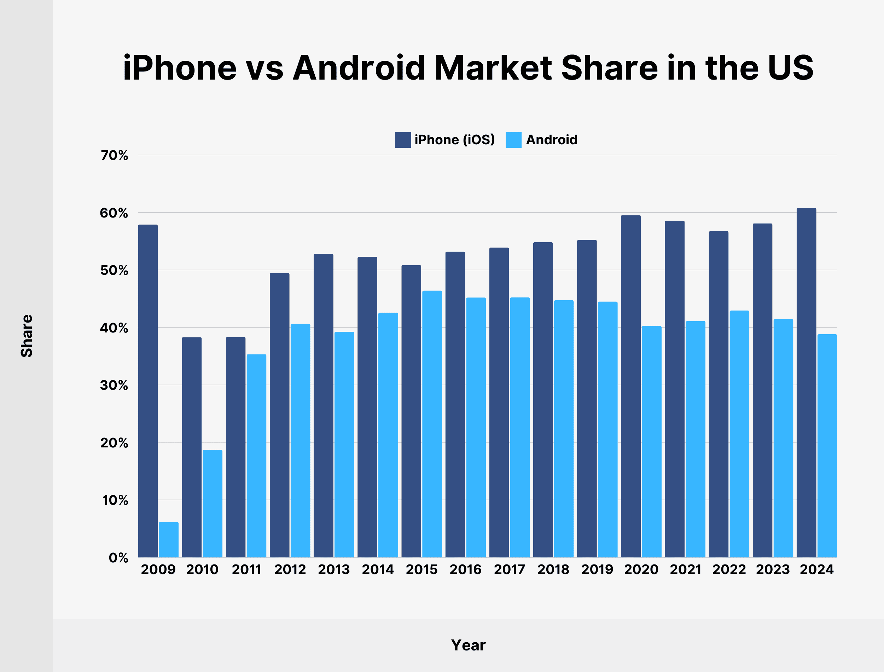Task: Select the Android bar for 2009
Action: pos(168,540)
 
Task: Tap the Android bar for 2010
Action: pos(212,504)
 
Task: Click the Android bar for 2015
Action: pos(432,424)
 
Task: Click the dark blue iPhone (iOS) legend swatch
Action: pos(403,140)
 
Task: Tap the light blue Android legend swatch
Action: pos(513,140)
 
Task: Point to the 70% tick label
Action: pos(114,155)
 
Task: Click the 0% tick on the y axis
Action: pos(118,558)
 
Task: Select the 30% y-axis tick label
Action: pos(114,385)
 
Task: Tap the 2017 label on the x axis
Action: pos(509,569)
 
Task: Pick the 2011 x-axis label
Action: pos(246,569)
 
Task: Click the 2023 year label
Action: pos(773,569)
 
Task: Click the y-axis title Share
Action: pos(27,336)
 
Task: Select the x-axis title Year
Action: pos(468,645)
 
